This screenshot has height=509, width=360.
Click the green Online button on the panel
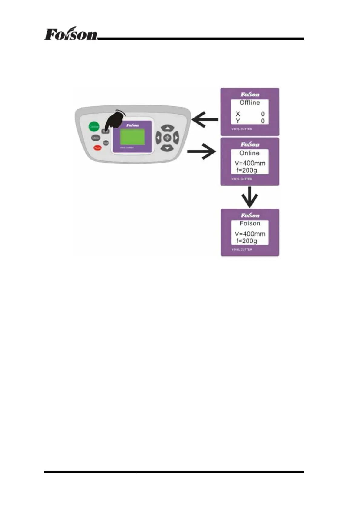(x=94, y=126)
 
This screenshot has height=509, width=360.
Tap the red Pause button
(x=97, y=148)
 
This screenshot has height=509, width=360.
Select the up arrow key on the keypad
(x=167, y=128)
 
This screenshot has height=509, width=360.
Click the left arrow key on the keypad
(x=158, y=138)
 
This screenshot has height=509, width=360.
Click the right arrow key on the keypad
(x=176, y=138)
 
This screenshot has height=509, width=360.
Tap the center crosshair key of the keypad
(x=167, y=138)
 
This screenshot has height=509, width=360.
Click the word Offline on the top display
(x=250, y=103)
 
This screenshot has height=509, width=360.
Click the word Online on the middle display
(x=249, y=153)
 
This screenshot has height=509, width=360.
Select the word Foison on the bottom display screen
(x=250, y=223)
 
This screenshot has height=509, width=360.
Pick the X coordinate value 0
(x=263, y=114)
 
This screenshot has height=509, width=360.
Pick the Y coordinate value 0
(x=263, y=121)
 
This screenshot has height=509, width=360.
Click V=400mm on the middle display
(x=250, y=163)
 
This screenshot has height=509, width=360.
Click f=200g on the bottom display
(x=247, y=241)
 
